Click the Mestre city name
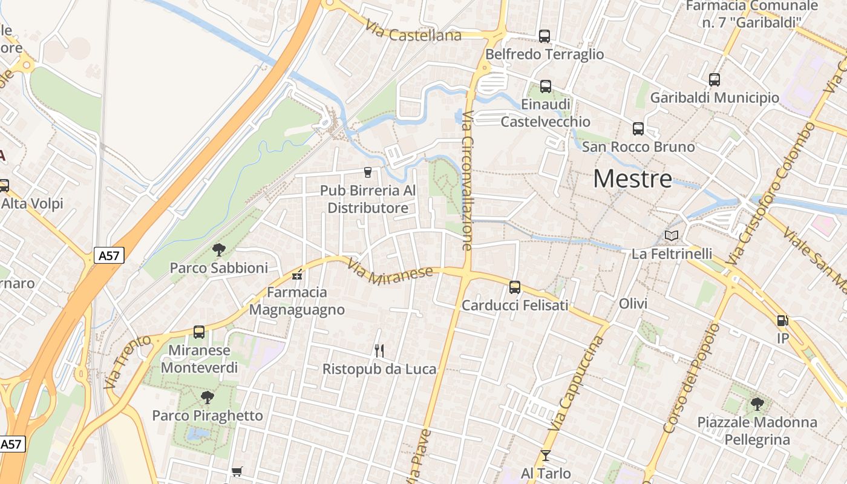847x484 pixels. coord(632,178)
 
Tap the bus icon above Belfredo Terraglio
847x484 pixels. coord(544,36)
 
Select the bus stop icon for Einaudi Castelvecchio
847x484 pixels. coord(546,87)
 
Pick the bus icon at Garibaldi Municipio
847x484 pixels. coord(715,80)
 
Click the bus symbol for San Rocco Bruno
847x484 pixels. coord(638,129)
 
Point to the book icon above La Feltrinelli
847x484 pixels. coord(672,236)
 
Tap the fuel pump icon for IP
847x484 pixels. coord(782,321)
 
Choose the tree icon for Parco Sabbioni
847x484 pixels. coord(219,249)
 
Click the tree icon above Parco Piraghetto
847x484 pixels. coord(208,397)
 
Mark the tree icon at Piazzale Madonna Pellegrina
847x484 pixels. coord(757,404)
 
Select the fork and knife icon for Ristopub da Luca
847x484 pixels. coord(379,350)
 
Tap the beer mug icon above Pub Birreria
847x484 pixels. coord(367,172)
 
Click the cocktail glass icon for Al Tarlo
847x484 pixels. coord(546,455)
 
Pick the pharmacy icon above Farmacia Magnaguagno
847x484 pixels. coord(297,275)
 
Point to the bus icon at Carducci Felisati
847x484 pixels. coord(515,287)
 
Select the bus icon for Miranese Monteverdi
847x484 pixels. coord(199,332)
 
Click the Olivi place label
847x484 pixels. coord(633,304)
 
